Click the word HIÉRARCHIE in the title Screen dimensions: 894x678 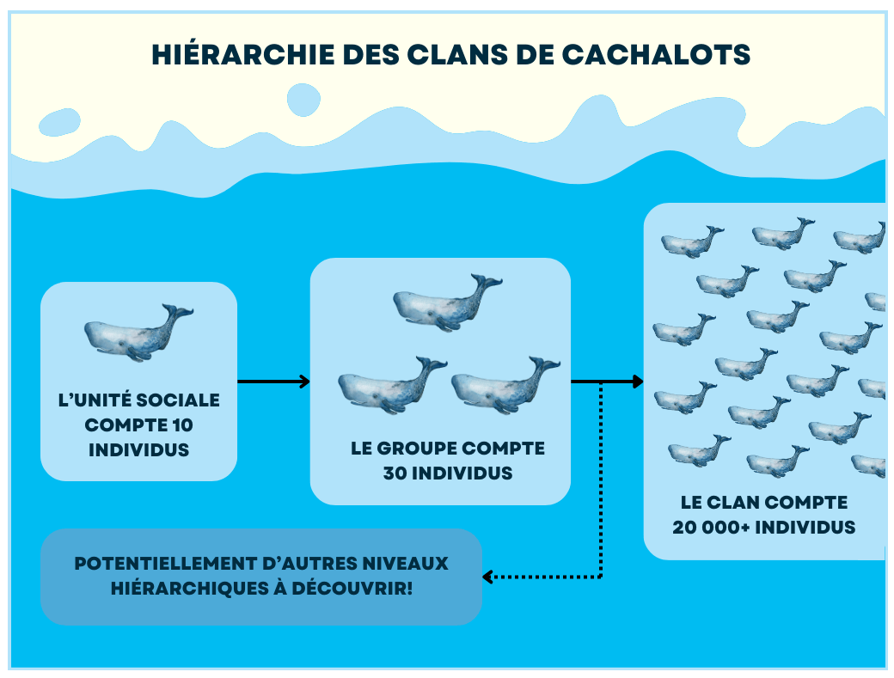pos(243,55)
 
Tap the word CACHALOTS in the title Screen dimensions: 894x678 pos(656,55)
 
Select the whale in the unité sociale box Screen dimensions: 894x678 pos(138,333)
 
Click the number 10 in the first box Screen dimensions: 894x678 pos(182,425)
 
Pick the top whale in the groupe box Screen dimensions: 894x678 pos(448,303)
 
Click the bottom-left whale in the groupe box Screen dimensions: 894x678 pos(392,385)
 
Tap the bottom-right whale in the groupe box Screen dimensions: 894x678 pos(505,385)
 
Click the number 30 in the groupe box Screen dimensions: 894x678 pos(395,473)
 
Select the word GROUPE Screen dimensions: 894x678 pos(416,449)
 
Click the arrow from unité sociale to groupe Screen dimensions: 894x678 pos(273,382)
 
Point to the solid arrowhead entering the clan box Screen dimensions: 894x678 pos(637,382)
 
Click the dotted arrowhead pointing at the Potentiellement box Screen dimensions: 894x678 pos(488,577)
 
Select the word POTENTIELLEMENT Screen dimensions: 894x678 pos(165,564)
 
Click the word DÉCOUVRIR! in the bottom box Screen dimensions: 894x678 pos(352,588)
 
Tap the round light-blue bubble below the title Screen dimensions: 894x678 pos(303,100)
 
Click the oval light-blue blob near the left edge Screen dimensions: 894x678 pos(59,122)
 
